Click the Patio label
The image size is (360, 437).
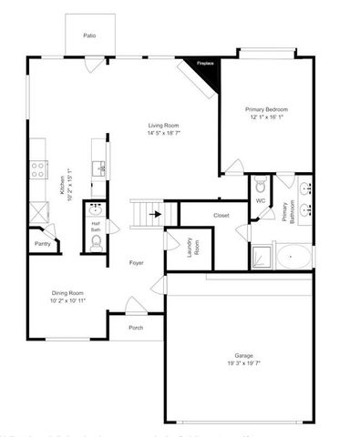click(x=89, y=36)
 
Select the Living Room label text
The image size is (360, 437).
click(x=164, y=126)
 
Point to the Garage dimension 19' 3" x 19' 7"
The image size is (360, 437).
click(x=243, y=362)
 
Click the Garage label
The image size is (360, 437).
click(x=243, y=355)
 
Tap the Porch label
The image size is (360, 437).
click(x=136, y=327)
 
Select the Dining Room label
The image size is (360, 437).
click(x=68, y=292)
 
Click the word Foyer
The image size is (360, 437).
click(x=136, y=263)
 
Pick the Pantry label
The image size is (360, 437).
click(x=43, y=244)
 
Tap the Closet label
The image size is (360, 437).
click(x=221, y=215)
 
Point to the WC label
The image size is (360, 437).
click(x=260, y=200)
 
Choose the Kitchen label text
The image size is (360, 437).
click(x=62, y=185)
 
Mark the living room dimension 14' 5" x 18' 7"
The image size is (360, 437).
click(x=164, y=133)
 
